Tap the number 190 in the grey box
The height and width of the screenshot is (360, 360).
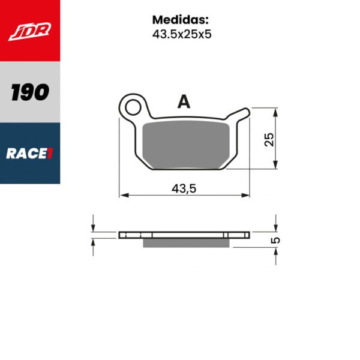pos(30,92)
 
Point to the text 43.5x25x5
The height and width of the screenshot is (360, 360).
pos(181,34)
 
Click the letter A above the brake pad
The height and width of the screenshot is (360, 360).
pos(184,102)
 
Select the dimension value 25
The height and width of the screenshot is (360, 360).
pos(269,139)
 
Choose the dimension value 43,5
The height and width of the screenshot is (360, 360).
pos(185,188)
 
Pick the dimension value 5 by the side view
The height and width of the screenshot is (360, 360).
pos(275,240)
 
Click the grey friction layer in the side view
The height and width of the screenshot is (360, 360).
pos(188,242)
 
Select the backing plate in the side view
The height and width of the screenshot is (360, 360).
pos(184,234)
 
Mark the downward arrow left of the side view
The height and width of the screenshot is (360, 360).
pos(93,226)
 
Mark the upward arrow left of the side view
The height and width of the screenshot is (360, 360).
pos(93,242)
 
